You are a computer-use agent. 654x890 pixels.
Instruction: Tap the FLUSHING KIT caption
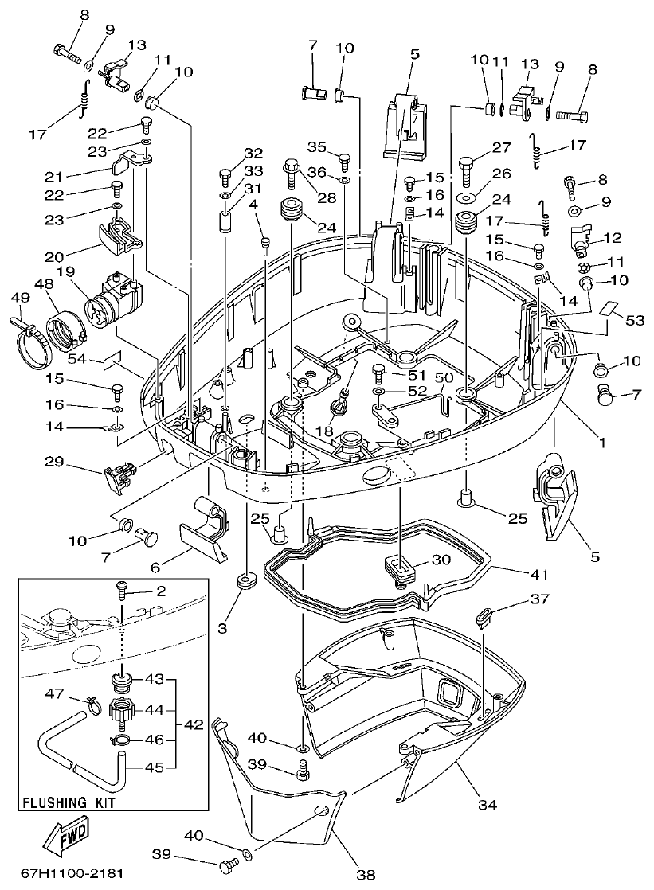click(69, 803)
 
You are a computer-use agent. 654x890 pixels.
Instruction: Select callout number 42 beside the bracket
click(193, 725)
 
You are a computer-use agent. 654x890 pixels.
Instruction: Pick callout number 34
click(487, 805)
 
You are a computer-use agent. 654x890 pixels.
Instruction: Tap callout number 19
click(65, 271)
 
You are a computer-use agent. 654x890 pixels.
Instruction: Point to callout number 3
click(223, 628)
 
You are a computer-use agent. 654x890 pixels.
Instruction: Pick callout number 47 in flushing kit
click(53, 694)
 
